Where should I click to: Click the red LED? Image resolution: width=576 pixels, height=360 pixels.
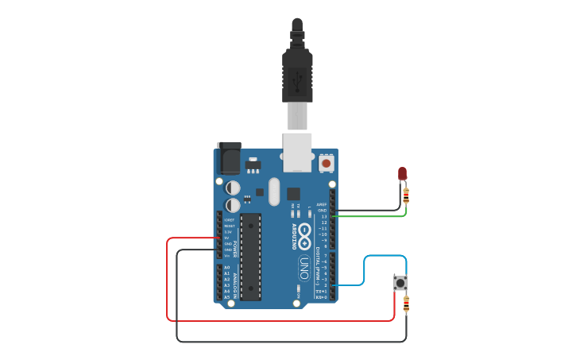point(402,174)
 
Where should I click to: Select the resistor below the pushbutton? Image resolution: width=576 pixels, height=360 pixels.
point(407,303)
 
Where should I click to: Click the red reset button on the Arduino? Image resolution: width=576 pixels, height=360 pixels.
point(326,164)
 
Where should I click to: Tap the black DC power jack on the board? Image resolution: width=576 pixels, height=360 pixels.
point(229,158)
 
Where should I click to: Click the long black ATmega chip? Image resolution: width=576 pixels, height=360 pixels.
point(251,256)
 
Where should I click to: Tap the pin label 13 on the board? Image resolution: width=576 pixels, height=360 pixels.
point(323,216)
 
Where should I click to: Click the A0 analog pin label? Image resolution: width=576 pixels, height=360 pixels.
point(226,268)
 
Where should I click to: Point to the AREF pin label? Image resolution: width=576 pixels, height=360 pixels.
point(322,204)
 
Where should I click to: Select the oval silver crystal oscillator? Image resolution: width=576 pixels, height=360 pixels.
point(275,192)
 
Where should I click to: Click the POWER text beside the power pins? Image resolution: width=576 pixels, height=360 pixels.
point(236,247)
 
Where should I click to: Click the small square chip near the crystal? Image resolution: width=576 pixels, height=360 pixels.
point(293,193)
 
